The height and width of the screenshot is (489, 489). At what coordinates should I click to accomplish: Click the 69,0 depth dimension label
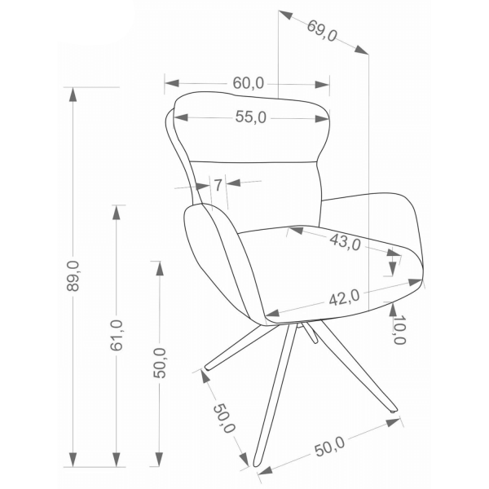[322, 31]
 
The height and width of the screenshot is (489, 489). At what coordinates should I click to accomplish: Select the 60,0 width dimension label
[249, 83]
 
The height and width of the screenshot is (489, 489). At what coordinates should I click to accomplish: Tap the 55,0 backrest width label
[251, 117]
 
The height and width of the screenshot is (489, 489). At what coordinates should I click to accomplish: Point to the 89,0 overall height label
[73, 276]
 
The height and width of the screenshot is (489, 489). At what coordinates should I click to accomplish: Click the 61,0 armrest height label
[117, 335]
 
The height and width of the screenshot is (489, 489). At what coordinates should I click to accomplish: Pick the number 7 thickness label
[218, 185]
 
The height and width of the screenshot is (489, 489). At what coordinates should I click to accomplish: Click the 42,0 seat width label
[344, 297]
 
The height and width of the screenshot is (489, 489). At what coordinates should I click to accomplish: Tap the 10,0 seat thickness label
[399, 329]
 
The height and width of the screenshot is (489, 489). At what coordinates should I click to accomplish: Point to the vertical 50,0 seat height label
[160, 363]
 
